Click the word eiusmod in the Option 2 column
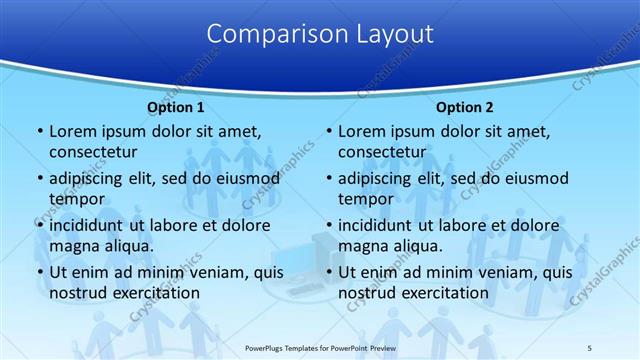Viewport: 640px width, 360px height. point(533,179)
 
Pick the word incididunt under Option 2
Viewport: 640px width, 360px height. point(382,225)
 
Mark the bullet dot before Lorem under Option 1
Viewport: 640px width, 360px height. point(39,132)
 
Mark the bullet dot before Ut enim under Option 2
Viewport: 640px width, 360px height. point(329,272)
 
